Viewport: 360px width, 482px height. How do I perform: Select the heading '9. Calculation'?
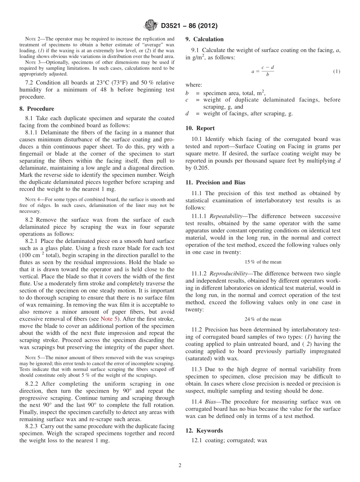pos(204,39)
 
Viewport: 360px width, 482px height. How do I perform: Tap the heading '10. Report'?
pos(200,128)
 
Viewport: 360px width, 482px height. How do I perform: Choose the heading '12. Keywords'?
pos(204,430)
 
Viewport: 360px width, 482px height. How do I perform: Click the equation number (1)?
pos(336,71)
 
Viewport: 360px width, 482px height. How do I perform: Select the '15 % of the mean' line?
pos(263,262)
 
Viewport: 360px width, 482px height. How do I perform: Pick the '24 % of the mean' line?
pos(263,319)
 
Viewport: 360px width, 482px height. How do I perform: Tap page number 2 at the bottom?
pos(180,465)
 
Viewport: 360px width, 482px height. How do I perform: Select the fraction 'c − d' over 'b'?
pos(268,70)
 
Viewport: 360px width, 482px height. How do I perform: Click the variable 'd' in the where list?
pos(187,114)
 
